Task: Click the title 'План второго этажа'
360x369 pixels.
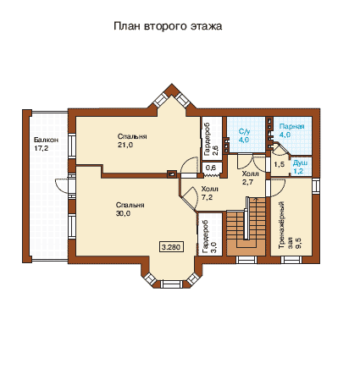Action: click(168, 26)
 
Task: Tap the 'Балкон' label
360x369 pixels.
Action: click(46, 140)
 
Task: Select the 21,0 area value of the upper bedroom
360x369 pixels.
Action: click(125, 145)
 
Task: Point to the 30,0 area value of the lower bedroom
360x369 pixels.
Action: click(123, 213)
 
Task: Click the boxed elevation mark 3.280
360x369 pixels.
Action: click(171, 247)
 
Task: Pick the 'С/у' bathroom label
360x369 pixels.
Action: click(244, 131)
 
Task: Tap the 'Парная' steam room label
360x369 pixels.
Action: click(291, 126)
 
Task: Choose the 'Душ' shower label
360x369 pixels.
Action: click(300, 163)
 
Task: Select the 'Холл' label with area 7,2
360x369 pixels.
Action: click(209, 189)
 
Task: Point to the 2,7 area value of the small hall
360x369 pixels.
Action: click(247, 182)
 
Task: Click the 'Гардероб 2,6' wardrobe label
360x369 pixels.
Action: click(210, 140)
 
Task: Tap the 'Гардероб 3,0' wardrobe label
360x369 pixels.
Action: click(209, 236)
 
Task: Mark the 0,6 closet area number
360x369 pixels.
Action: click(211, 168)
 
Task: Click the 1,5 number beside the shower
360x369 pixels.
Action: click(279, 164)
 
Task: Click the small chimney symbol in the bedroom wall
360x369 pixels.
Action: click(172, 174)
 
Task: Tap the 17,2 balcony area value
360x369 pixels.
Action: click(42, 148)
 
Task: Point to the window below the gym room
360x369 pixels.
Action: click(291, 260)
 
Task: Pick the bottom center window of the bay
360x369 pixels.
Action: click(171, 284)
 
